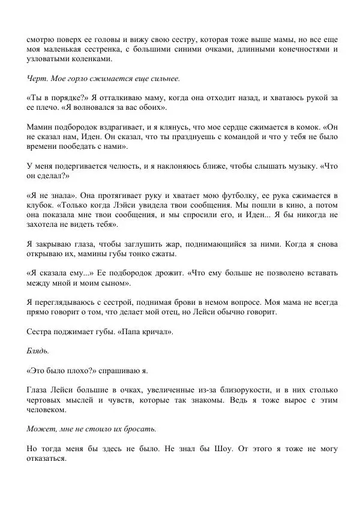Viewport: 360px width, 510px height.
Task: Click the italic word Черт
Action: click(37, 79)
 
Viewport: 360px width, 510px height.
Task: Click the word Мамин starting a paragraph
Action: click(40, 127)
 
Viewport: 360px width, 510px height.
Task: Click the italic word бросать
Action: click(140, 429)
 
